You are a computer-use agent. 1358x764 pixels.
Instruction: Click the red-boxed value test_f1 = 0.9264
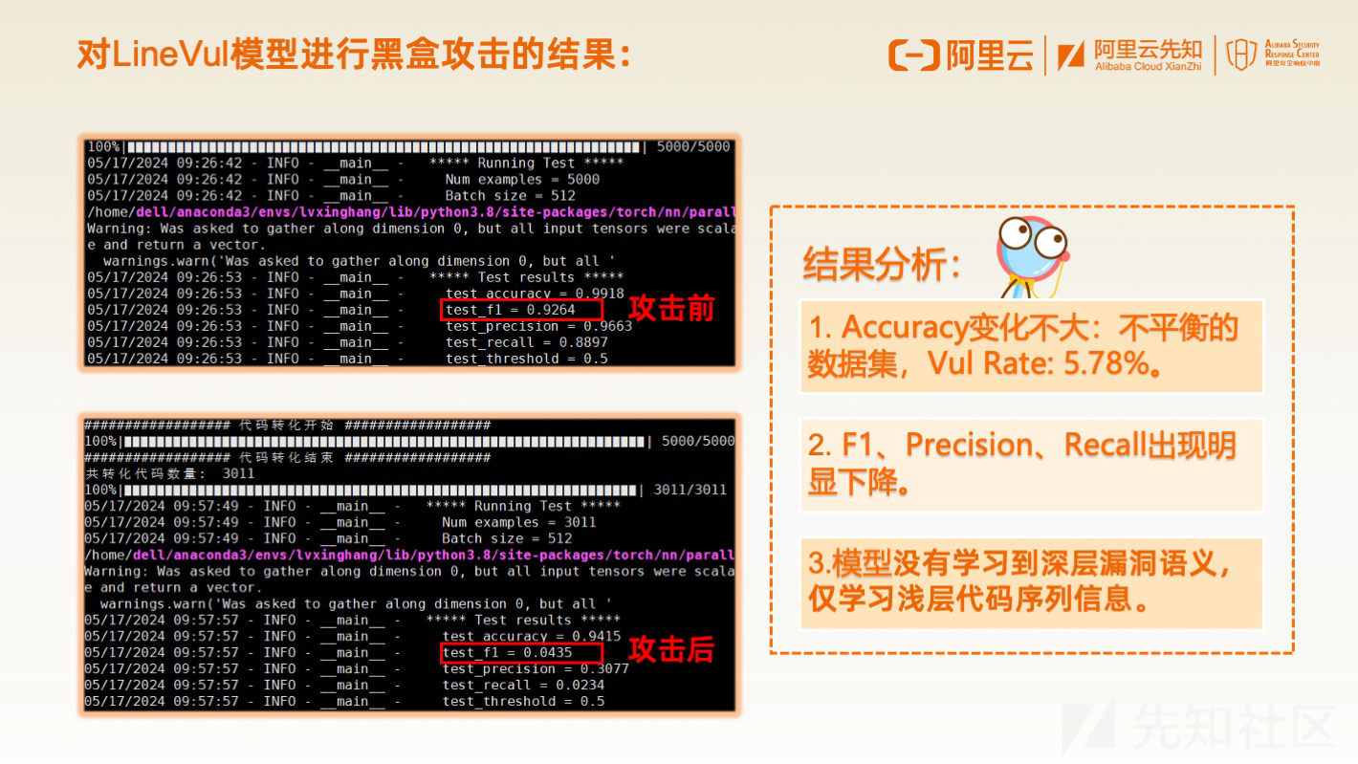(511, 310)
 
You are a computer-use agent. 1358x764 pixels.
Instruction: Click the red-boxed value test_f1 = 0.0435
(508, 652)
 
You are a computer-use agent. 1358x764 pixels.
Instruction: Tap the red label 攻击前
(671, 309)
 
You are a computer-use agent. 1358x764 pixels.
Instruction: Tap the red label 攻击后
(671, 649)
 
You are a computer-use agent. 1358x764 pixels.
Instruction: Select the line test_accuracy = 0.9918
(535, 294)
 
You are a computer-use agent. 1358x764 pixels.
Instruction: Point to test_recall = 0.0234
(523, 686)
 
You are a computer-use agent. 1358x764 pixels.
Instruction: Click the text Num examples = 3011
(519, 522)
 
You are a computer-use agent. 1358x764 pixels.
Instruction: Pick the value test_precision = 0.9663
(539, 326)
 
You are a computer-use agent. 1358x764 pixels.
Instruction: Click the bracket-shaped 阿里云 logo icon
(913, 55)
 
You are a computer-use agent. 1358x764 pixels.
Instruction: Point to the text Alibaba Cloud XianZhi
(1148, 67)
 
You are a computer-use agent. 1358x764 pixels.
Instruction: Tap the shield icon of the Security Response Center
(1241, 55)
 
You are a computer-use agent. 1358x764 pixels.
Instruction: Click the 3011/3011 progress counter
(690, 490)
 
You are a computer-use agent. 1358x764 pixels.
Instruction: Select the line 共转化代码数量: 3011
(170, 473)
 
